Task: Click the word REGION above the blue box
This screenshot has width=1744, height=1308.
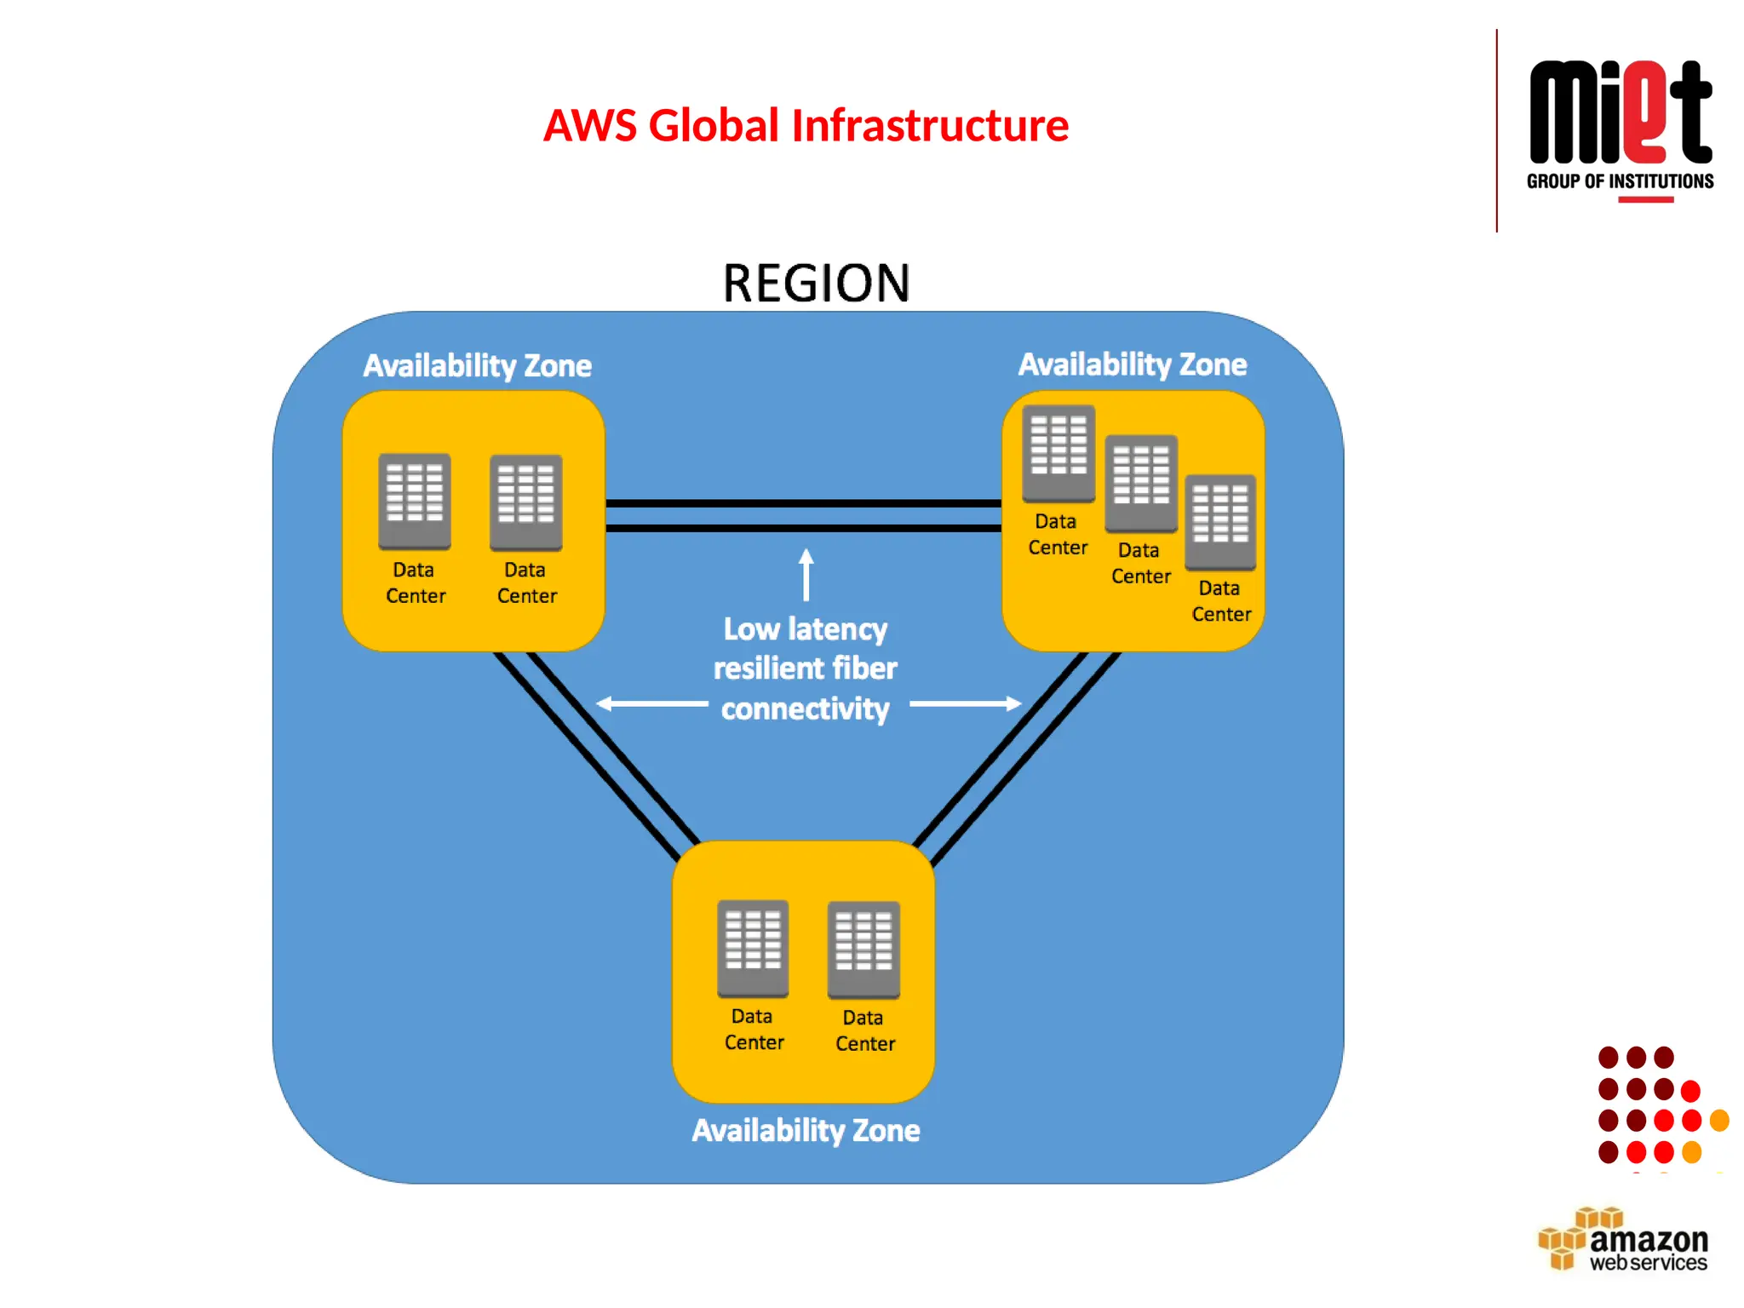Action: [x=816, y=284]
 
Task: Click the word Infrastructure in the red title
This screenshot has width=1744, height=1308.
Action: [x=930, y=126]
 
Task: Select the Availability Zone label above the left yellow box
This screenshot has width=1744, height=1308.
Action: [x=477, y=366]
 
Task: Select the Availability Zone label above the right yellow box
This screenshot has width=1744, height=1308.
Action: [x=1132, y=364]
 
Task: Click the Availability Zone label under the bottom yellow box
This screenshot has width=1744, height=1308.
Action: [x=806, y=1131]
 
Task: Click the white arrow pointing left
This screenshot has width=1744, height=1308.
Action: [x=651, y=703]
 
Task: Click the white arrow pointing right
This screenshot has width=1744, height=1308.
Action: [x=966, y=703]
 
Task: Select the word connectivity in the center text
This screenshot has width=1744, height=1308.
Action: [x=805, y=708]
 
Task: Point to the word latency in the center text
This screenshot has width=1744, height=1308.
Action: [x=837, y=629]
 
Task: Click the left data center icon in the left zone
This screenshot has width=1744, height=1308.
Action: [x=415, y=502]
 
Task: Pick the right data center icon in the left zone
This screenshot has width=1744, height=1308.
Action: [x=525, y=502]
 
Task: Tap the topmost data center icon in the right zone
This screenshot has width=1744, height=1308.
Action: [x=1058, y=453]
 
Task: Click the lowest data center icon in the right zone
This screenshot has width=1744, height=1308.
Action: [x=1219, y=522]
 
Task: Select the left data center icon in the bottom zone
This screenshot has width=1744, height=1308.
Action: [x=753, y=948]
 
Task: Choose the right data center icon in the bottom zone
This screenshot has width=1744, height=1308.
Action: [x=863, y=949]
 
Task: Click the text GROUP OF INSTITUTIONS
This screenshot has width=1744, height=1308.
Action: [x=1620, y=181]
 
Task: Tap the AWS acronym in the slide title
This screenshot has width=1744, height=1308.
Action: [x=590, y=126]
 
